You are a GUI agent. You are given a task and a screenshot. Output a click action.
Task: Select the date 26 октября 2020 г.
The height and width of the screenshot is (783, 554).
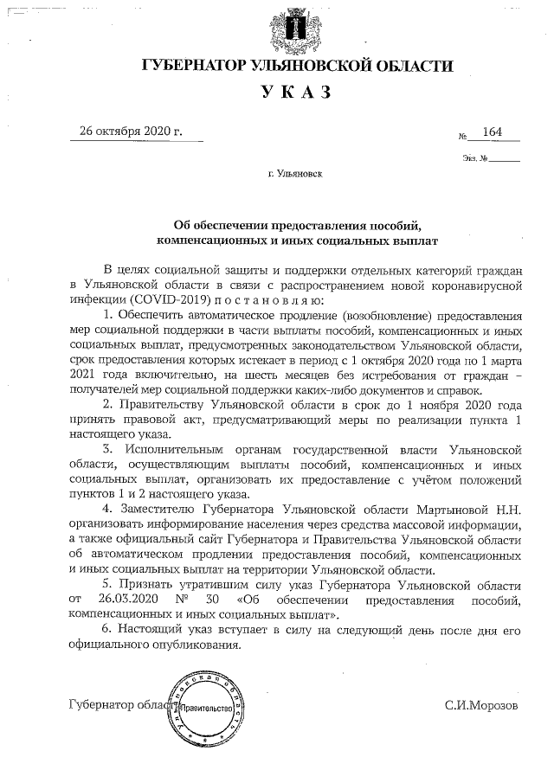[131, 132]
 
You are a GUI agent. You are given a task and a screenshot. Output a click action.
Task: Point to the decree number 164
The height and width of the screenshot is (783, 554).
[493, 132]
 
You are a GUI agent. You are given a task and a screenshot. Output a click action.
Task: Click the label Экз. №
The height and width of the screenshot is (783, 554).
[475, 159]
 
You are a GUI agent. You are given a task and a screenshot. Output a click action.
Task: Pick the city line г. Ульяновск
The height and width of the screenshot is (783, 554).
[295, 174]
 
